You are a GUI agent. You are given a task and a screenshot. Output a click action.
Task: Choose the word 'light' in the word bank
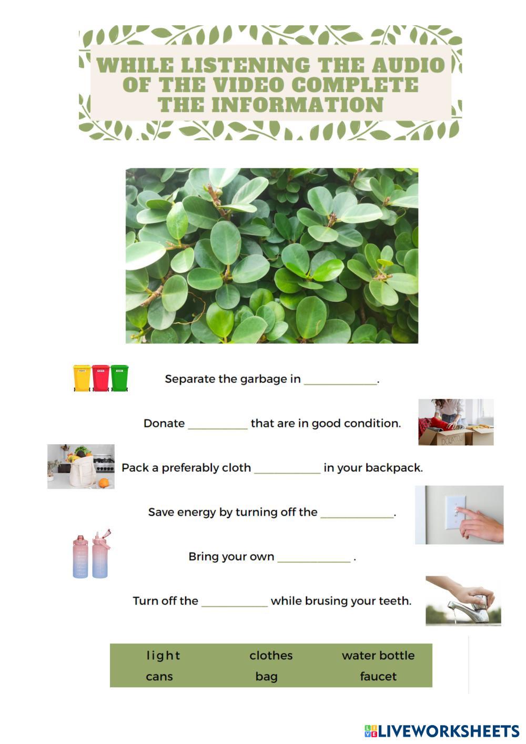point(163,656)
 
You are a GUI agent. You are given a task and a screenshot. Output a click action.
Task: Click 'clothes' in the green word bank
point(271,656)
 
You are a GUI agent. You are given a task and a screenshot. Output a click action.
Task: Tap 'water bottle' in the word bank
point(378,656)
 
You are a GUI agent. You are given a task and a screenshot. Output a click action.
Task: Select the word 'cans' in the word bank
point(159,677)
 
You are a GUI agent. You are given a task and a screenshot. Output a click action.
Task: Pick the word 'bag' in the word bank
point(267,677)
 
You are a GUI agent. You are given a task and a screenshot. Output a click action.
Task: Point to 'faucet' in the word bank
point(378,677)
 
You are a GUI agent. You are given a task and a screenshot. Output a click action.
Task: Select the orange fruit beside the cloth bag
point(104,482)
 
